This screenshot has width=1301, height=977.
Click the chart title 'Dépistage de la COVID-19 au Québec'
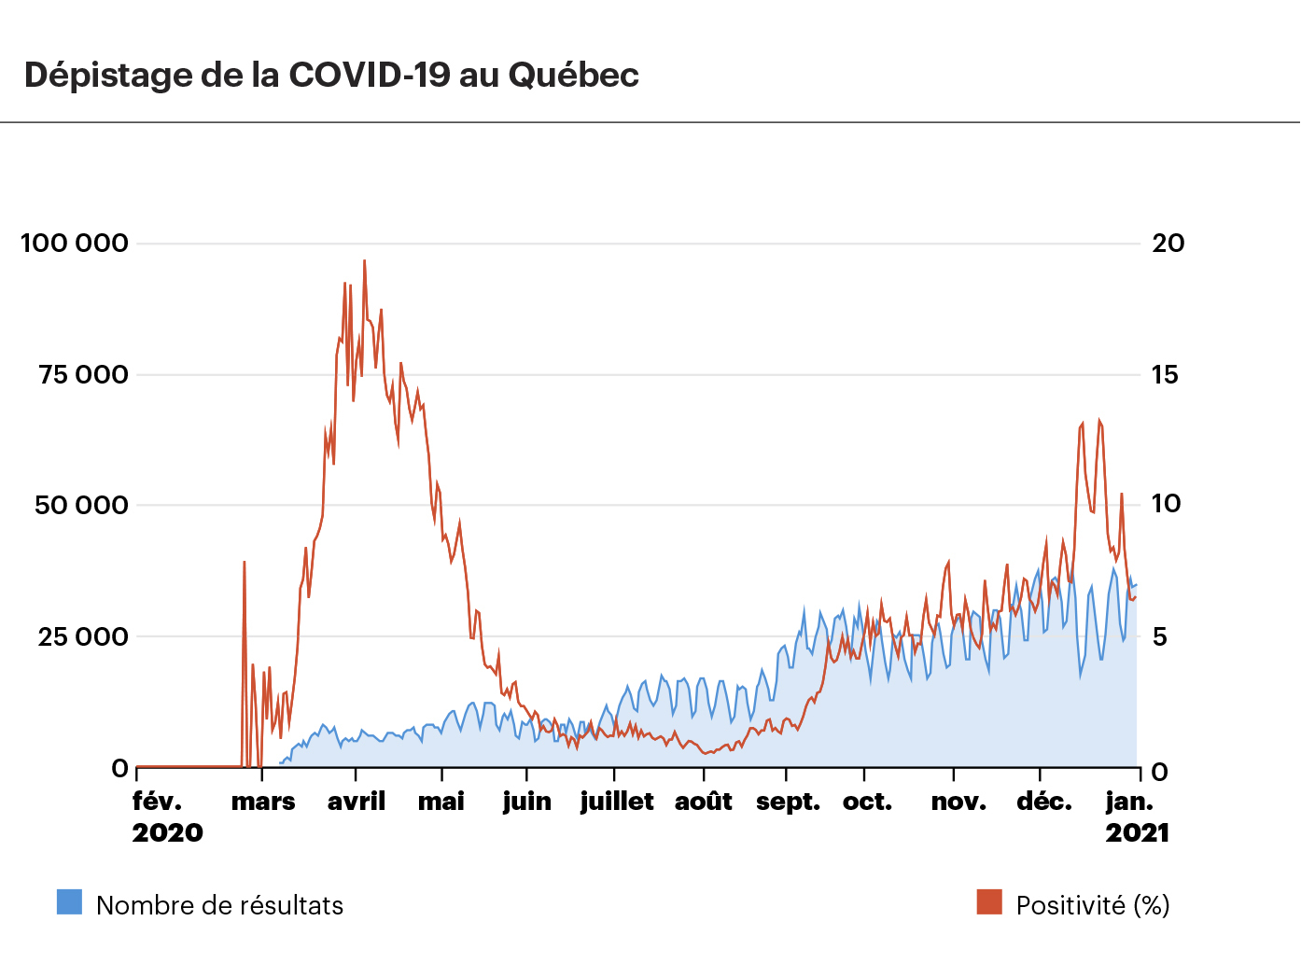pos(331,75)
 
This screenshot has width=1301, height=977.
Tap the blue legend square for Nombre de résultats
pos(69,902)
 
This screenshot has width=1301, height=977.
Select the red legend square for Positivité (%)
pos(989,902)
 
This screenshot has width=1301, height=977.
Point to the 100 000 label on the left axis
pos(75,244)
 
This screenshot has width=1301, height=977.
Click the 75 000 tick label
pos(83,375)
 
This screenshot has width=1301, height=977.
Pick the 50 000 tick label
pos(81,506)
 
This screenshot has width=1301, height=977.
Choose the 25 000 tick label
pos(82,637)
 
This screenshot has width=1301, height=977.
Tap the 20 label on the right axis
pos(1168,244)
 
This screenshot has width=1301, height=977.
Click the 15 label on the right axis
pos(1165,375)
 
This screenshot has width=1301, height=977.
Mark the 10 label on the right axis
pos(1166,504)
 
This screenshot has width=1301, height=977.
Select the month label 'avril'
pos(357,802)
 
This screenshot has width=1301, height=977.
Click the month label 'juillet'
pos(617,802)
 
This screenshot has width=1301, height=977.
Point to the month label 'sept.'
pos(789,802)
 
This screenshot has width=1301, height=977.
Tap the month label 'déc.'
pos(1044,802)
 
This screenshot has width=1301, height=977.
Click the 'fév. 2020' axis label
pos(167,816)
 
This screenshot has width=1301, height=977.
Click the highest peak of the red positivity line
pos(364,261)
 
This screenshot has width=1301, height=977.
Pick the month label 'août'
pos(704,802)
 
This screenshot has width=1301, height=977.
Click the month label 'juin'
pos(527,802)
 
